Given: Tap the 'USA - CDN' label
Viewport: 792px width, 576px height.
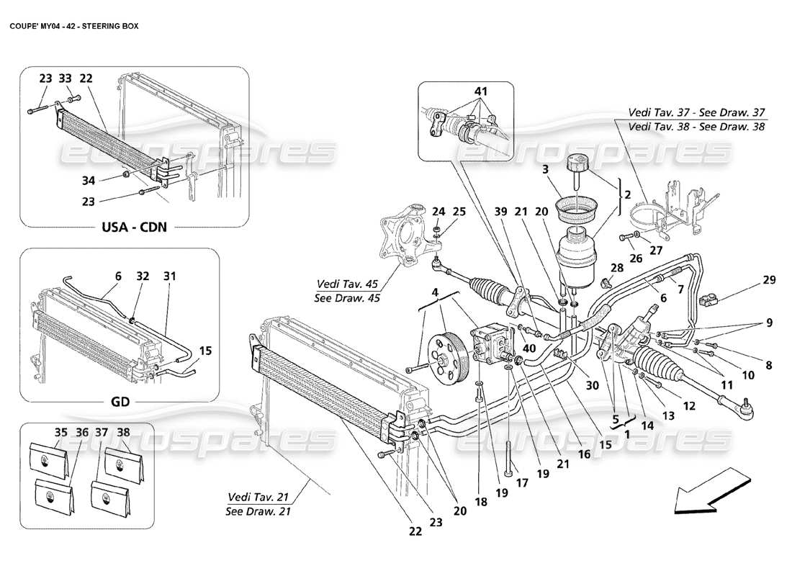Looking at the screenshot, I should point(132,228).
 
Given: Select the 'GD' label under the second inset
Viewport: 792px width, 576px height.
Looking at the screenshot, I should point(120,402).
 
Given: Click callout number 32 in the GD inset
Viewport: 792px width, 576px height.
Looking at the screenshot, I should point(143,276).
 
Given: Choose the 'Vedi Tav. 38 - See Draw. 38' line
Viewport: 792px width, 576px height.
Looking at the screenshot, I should point(696,127).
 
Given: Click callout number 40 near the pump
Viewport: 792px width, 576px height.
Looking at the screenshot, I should point(529,348).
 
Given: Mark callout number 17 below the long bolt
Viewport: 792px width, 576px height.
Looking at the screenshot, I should point(522,484).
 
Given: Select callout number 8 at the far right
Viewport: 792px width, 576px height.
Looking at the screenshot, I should point(768,365).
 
